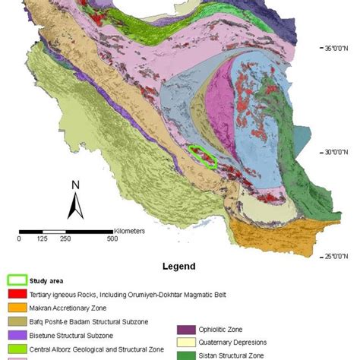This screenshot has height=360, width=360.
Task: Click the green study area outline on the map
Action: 203,156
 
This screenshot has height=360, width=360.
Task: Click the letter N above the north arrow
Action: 74,185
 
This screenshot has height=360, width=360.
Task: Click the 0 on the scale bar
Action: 19,238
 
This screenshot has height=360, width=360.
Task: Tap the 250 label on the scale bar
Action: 65,238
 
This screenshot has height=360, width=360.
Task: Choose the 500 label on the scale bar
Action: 112,238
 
